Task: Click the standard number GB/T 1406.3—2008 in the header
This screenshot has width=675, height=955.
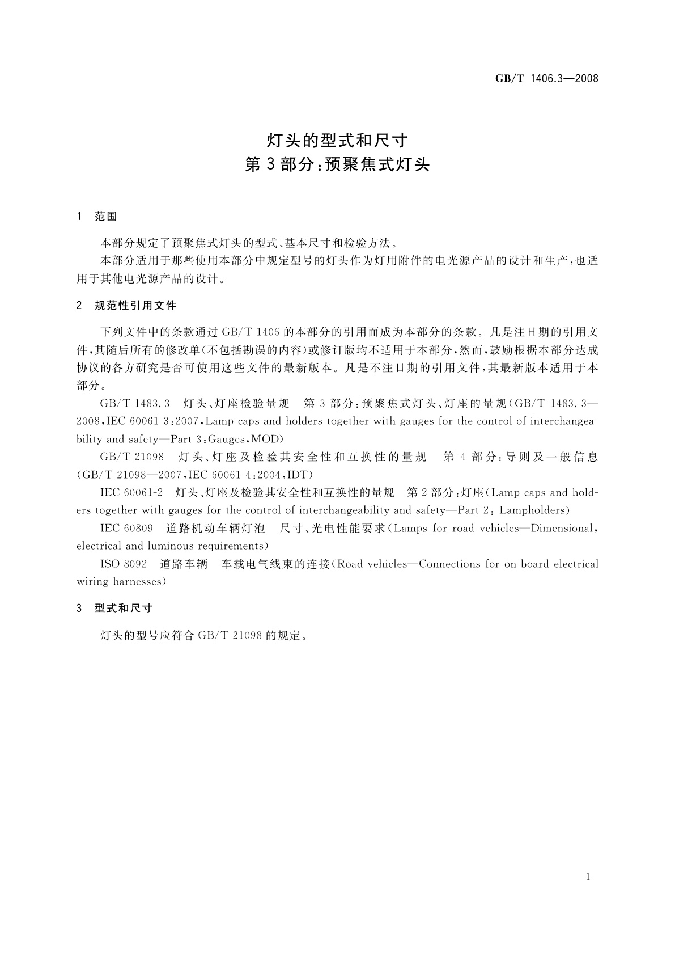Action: (547, 79)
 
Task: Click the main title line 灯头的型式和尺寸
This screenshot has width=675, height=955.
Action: (337, 140)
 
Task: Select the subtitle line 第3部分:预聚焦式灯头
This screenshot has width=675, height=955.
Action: (337, 165)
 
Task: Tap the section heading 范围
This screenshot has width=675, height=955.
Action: (106, 217)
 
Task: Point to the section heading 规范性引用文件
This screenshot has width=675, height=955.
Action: (135, 306)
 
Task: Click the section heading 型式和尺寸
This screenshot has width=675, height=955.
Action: (124, 609)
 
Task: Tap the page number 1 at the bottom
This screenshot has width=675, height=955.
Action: (588, 877)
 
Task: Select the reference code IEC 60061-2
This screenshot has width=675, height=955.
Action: (131, 492)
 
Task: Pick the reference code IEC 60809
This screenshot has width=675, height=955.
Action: (126, 529)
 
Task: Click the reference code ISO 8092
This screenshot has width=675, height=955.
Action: (124, 564)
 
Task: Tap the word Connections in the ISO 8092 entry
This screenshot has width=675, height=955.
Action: (449, 564)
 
